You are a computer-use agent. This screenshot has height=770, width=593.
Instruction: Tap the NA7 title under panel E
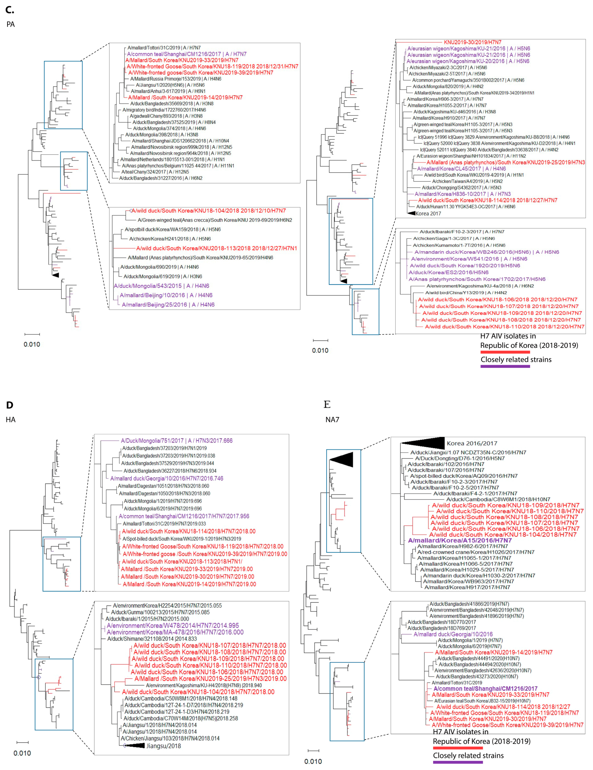click(x=332, y=420)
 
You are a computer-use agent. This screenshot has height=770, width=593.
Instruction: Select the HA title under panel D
click(x=11, y=420)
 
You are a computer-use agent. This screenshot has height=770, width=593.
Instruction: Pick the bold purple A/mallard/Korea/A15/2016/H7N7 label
click(x=460, y=540)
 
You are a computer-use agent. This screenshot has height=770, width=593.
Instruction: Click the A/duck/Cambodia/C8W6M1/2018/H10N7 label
click(x=498, y=499)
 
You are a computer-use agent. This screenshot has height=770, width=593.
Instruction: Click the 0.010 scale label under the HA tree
click(x=22, y=753)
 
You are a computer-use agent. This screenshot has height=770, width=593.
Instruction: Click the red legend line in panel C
click(x=505, y=352)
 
